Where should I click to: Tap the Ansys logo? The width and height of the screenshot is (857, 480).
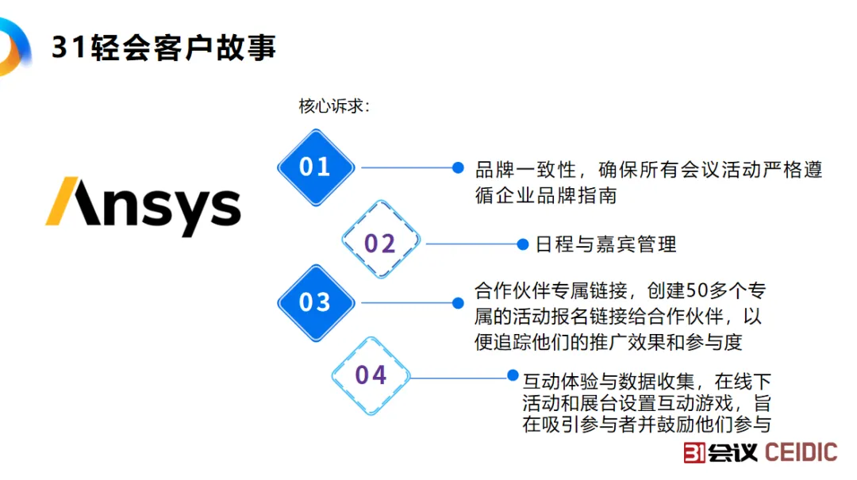[144, 205]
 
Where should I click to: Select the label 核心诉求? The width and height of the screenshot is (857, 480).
[333, 106]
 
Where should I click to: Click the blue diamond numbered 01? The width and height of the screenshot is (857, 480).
[315, 167]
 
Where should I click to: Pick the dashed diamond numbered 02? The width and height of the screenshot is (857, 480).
[379, 243]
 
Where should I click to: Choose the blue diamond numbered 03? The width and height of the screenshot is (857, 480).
[315, 302]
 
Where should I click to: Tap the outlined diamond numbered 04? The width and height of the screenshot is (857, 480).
[371, 374]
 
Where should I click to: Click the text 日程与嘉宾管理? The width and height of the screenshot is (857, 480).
[606, 244]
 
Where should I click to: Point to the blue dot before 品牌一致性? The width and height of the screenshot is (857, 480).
[458, 167]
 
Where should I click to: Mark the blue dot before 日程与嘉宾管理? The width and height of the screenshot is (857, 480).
[522, 244]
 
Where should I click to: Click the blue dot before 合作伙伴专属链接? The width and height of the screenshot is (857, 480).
[458, 303]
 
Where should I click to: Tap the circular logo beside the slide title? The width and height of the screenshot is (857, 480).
[12, 46]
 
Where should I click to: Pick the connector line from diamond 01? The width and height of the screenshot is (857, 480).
[405, 167]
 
